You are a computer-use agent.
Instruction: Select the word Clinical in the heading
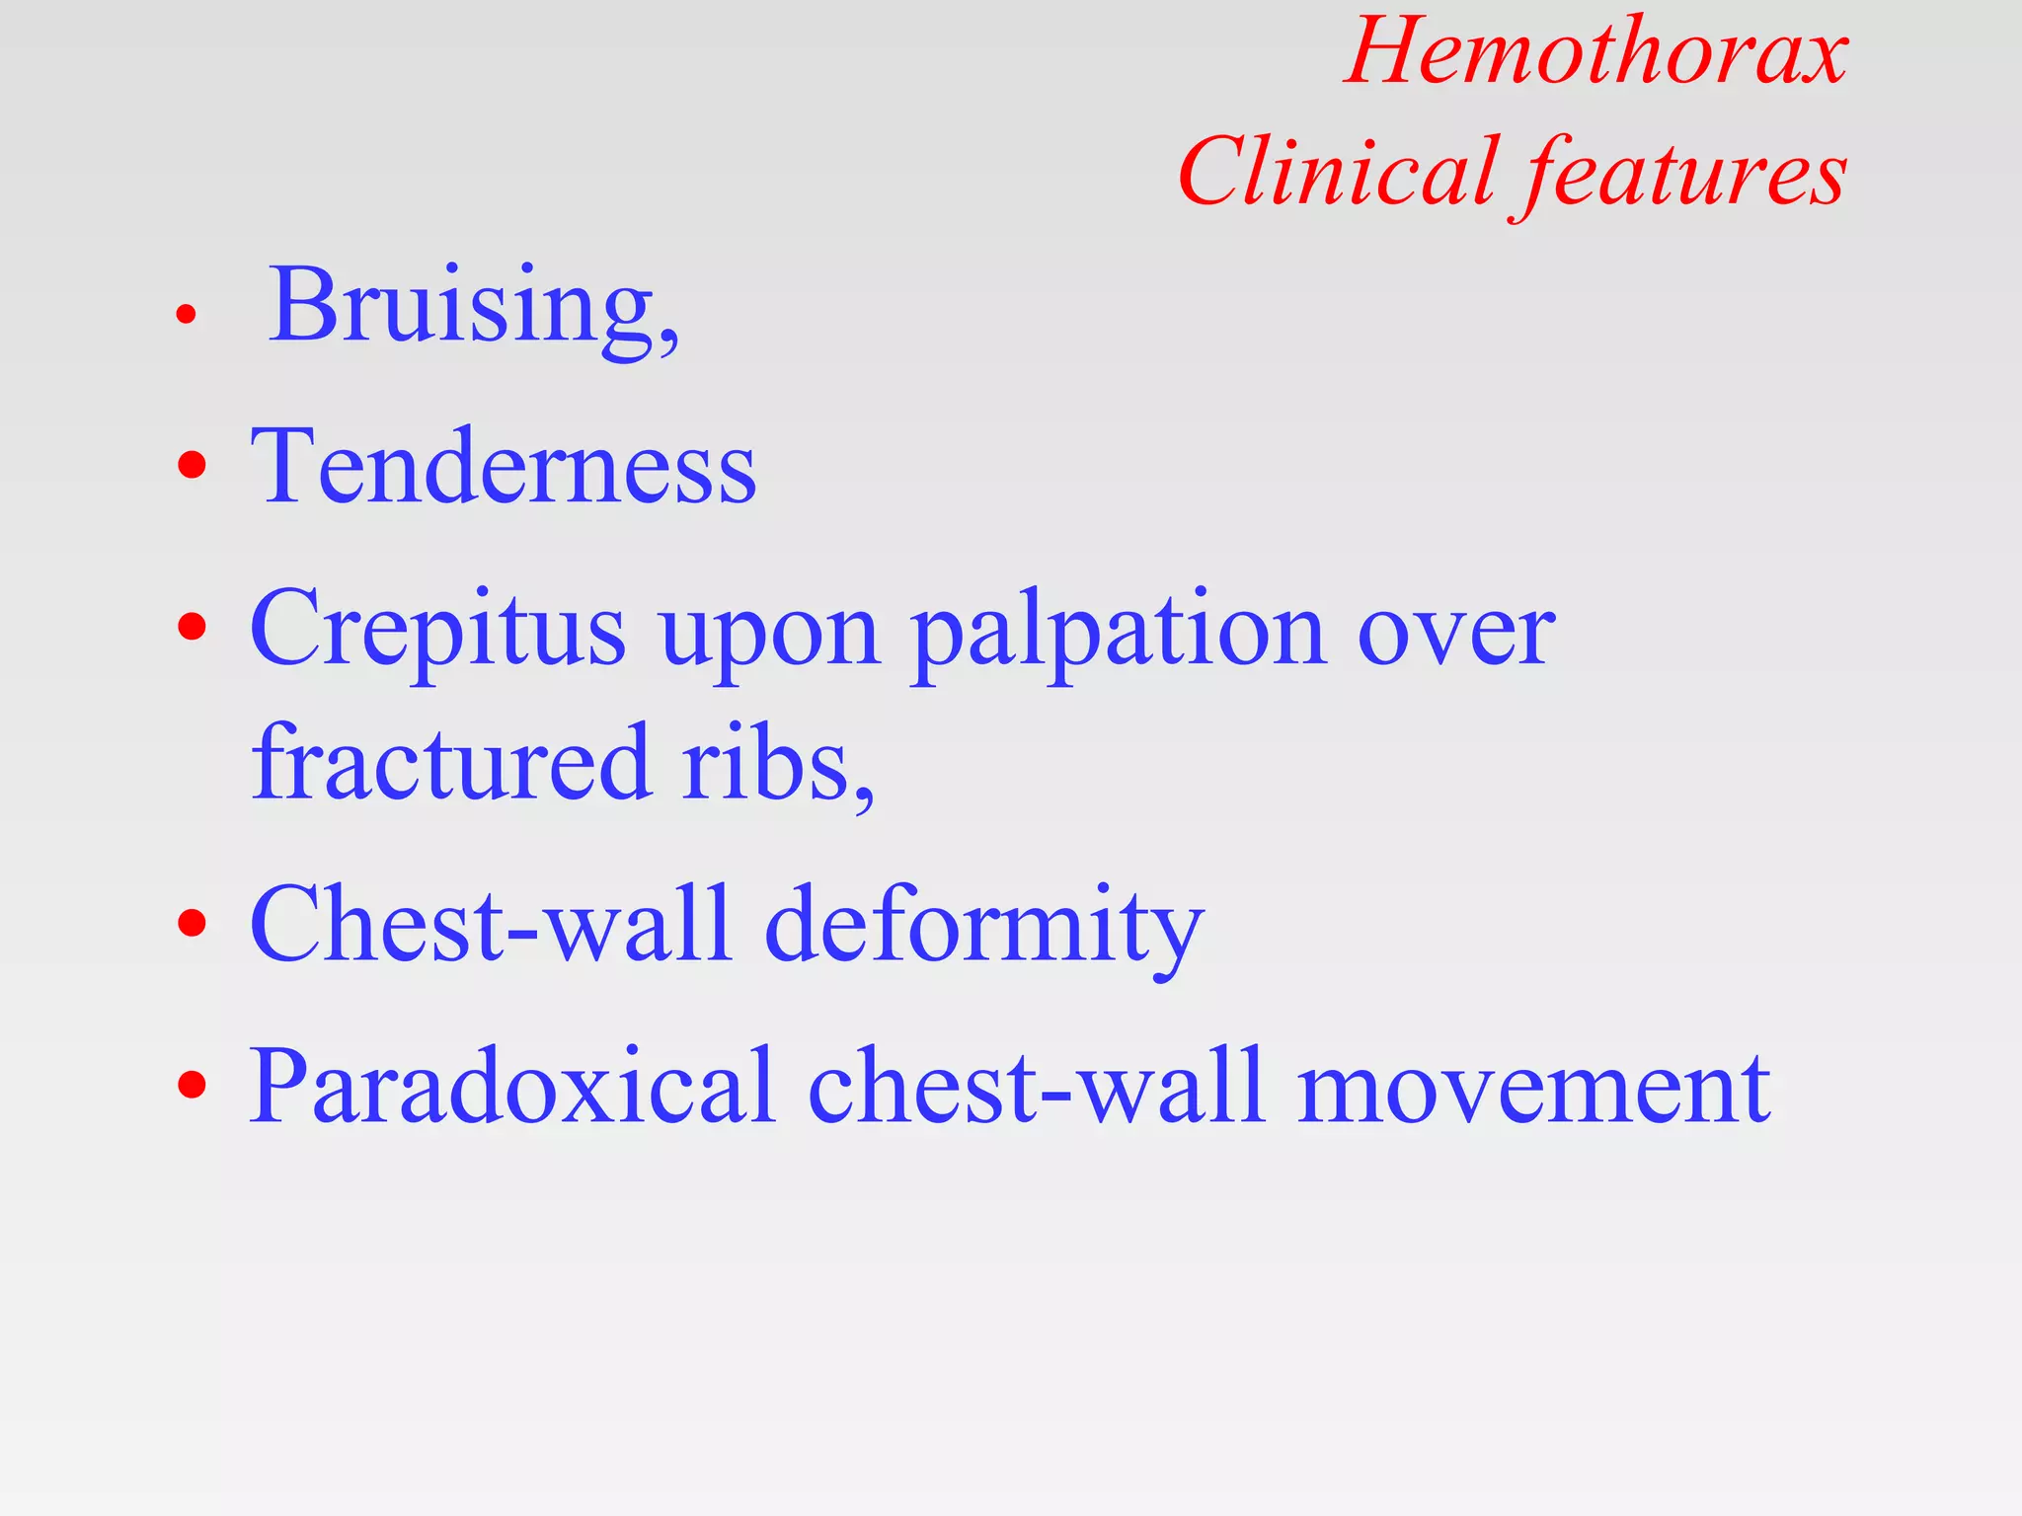click(1337, 172)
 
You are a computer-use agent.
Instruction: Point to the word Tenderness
click(504, 466)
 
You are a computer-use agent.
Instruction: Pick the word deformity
click(983, 926)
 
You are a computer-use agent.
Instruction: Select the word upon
click(769, 638)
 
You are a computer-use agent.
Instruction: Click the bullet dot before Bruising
click(186, 315)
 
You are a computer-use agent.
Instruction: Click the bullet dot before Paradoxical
click(193, 1085)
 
